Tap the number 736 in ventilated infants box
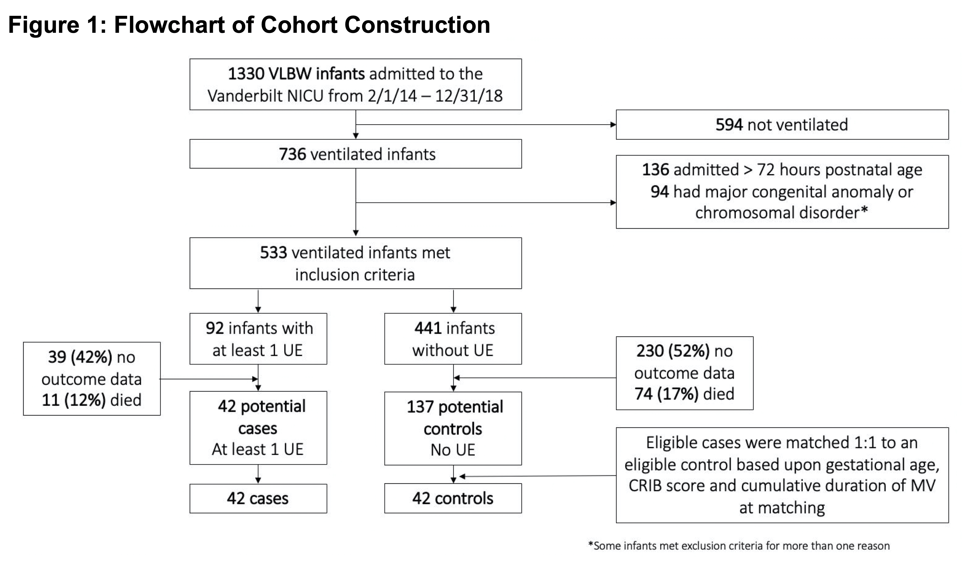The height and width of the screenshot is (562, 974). pyautogui.click(x=292, y=154)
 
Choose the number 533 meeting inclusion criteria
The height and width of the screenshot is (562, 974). pyautogui.click(x=274, y=252)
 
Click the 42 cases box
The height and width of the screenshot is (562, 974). pyautogui.click(x=258, y=498)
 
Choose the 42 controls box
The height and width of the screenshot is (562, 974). pyautogui.click(x=453, y=498)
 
